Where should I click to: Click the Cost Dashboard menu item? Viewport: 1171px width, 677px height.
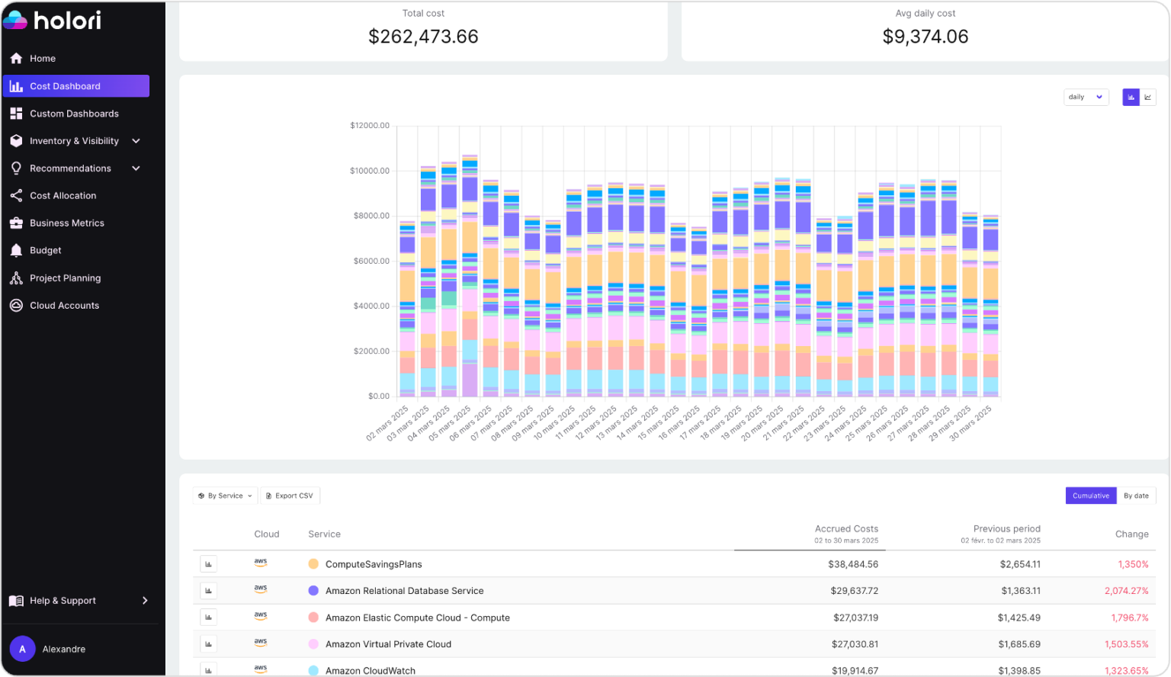click(x=75, y=86)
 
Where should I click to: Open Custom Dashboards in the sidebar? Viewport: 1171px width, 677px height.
click(x=74, y=114)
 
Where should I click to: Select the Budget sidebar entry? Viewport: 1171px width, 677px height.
click(x=46, y=250)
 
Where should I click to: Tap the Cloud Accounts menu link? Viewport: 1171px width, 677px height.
click(x=64, y=305)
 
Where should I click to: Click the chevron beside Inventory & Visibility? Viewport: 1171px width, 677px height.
click(x=136, y=141)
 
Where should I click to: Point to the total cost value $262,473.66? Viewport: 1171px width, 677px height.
click(x=423, y=37)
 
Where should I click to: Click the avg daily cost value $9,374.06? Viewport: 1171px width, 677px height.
click(x=925, y=37)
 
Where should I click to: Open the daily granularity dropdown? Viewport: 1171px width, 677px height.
click(x=1086, y=97)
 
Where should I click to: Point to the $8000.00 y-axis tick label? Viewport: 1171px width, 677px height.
click(x=370, y=216)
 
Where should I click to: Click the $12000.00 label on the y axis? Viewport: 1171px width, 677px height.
click(x=370, y=125)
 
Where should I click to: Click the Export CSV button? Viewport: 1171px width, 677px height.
click(x=290, y=496)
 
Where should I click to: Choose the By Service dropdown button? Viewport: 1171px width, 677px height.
click(x=225, y=496)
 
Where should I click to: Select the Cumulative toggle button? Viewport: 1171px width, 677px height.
click(x=1090, y=496)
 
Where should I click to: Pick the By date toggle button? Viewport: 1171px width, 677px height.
click(x=1136, y=496)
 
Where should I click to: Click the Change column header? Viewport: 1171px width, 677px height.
click(x=1131, y=534)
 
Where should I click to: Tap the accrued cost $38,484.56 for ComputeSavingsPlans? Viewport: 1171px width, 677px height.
click(x=852, y=564)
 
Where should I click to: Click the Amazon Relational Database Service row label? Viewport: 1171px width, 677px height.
click(x=404, y=591)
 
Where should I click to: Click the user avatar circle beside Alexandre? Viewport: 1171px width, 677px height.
click(x=22, y=649)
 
